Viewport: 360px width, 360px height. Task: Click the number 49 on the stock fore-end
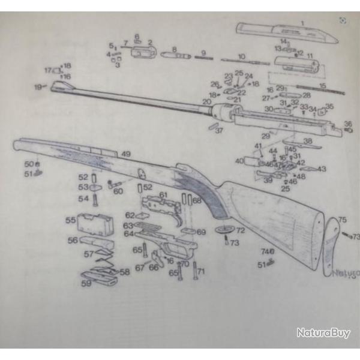point(126,154)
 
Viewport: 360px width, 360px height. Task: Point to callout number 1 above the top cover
point(302,23)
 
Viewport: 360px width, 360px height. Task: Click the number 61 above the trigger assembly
point(163,196)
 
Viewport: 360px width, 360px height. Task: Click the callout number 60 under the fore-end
point(118,191)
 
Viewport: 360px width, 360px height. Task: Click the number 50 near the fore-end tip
point(28,163)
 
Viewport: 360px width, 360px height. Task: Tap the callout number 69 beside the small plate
point(201,232)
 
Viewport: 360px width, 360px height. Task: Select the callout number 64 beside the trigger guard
point(128,233)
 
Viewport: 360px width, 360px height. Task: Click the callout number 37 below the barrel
point(219,130)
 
